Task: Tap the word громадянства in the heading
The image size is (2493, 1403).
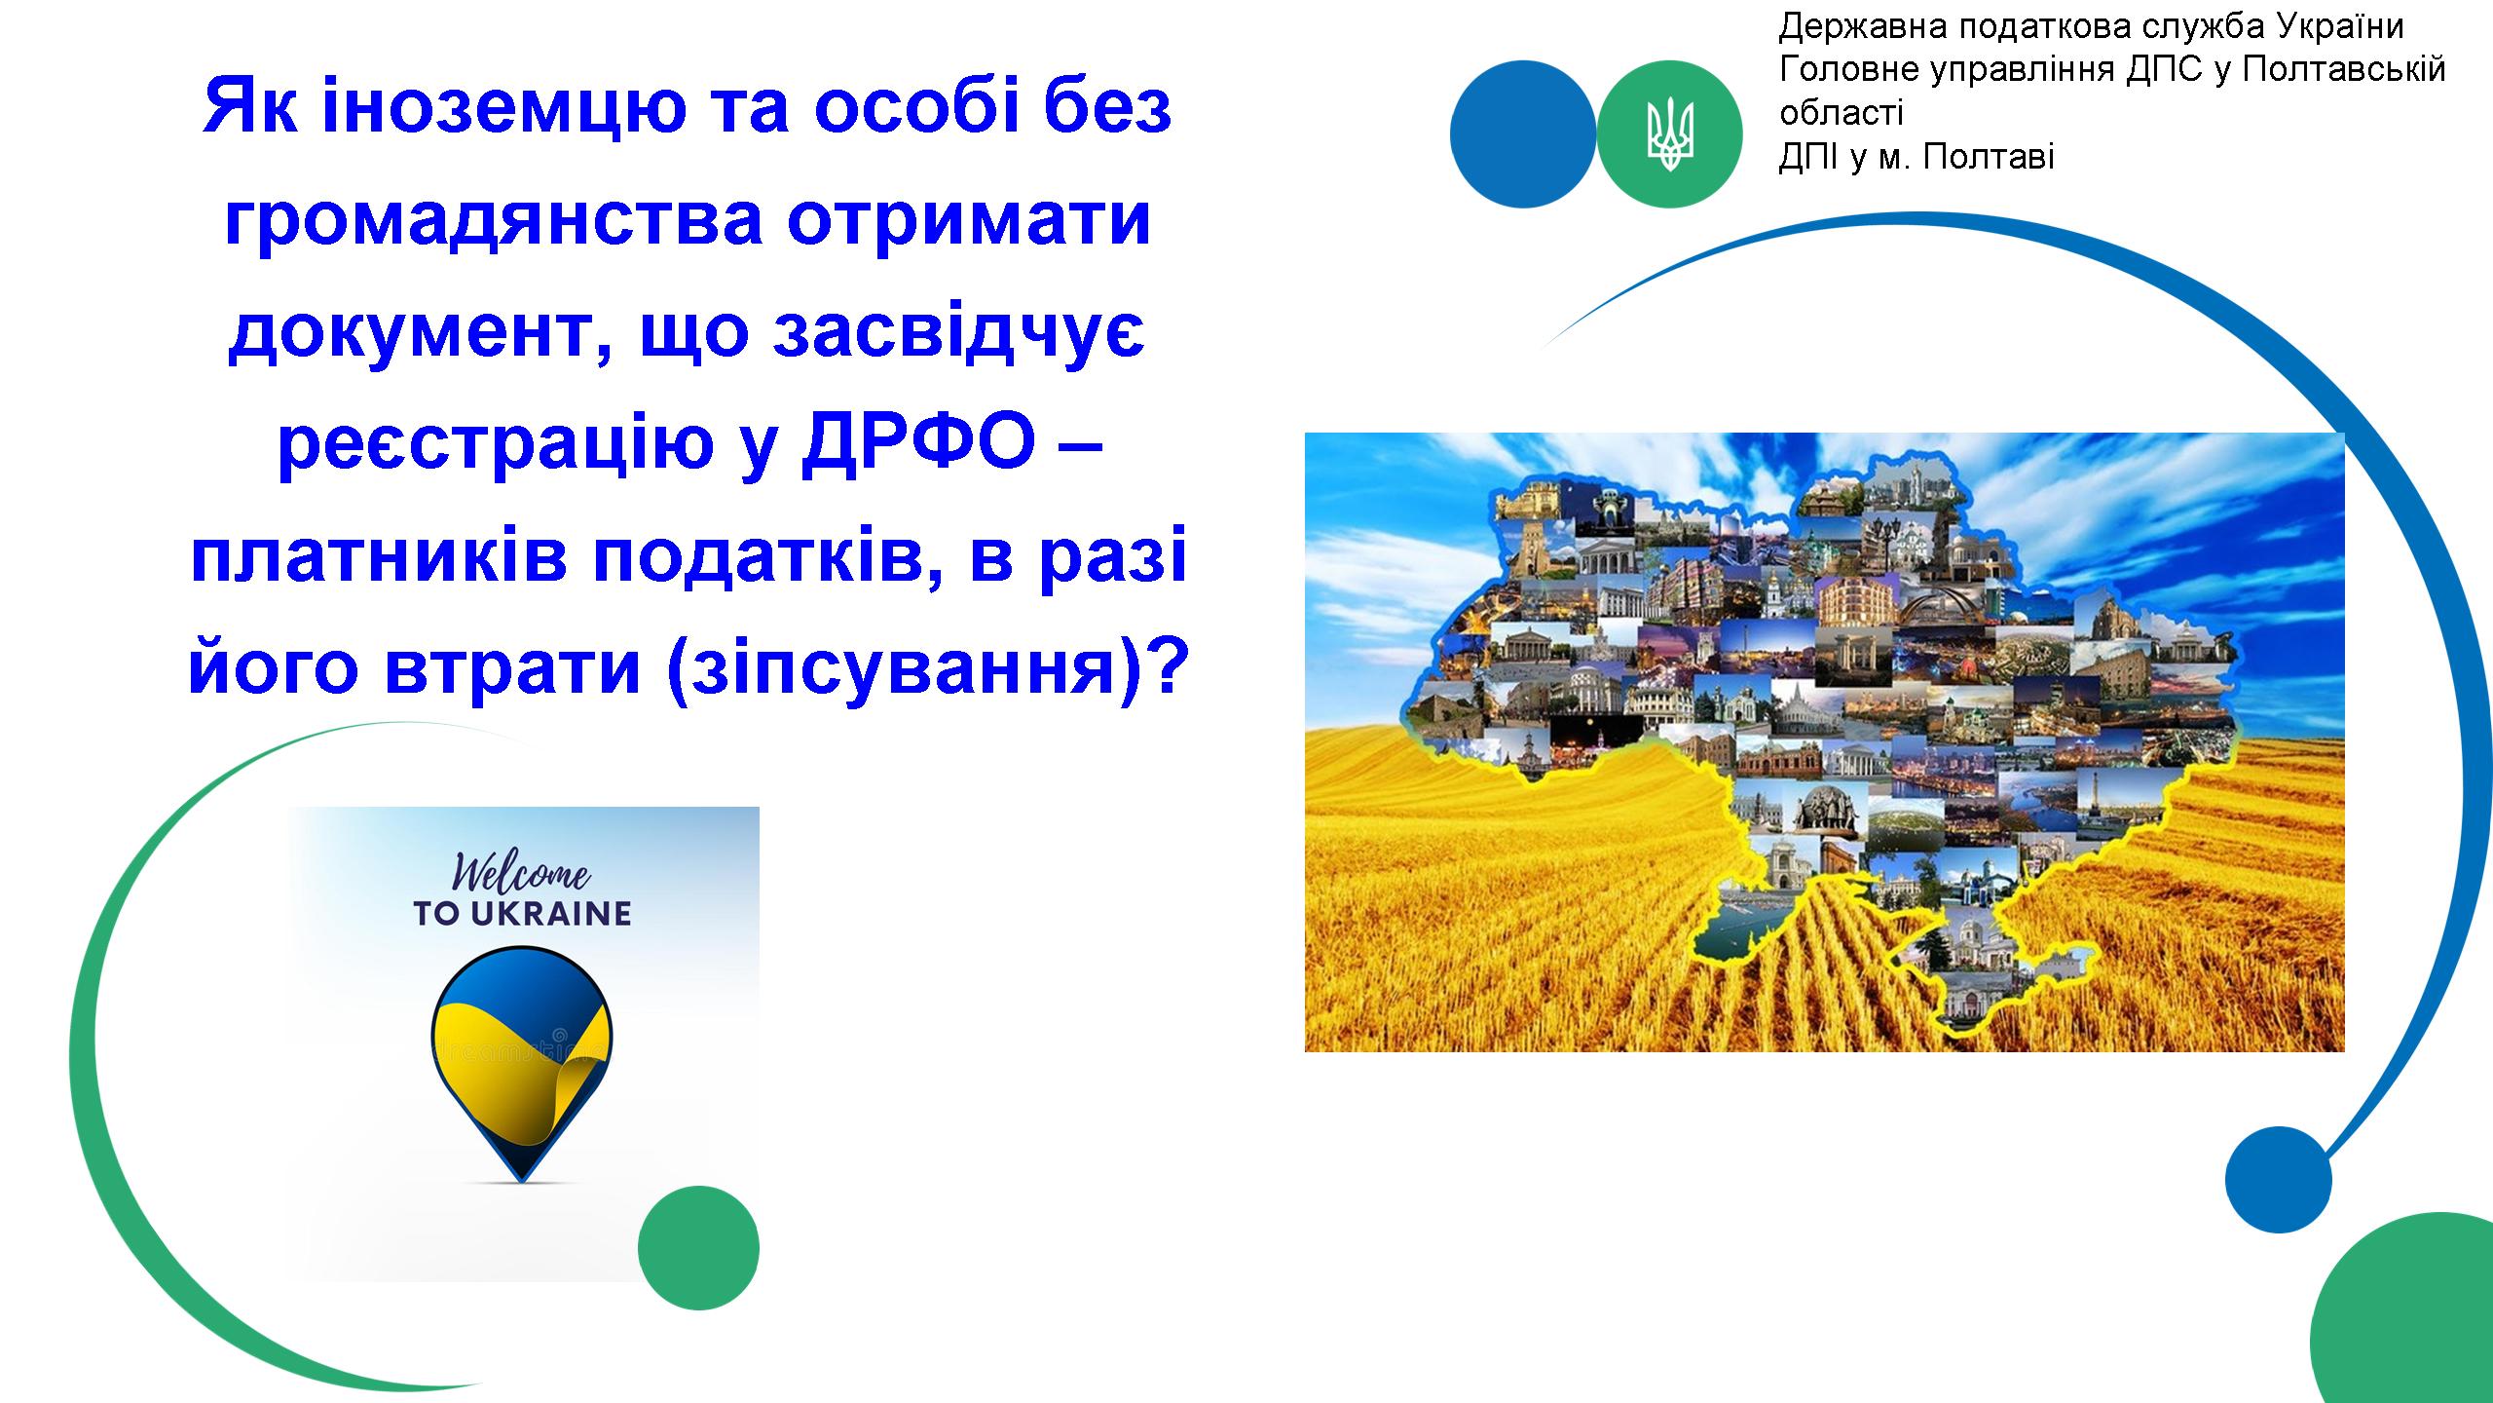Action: [x=493, y=221]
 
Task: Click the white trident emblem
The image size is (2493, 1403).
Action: [x=1670, y=134]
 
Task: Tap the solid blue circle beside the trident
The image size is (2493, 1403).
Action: [x=1523, y=133]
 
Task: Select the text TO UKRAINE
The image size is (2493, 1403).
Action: [x=522, y=914]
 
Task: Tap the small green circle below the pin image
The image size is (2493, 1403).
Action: [x=698, y=1247]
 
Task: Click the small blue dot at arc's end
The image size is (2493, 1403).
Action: [x=2279, y=1181]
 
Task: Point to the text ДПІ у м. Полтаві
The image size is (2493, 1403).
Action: [x=1916, y=157]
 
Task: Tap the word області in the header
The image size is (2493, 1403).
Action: [x=1842, y=114]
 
